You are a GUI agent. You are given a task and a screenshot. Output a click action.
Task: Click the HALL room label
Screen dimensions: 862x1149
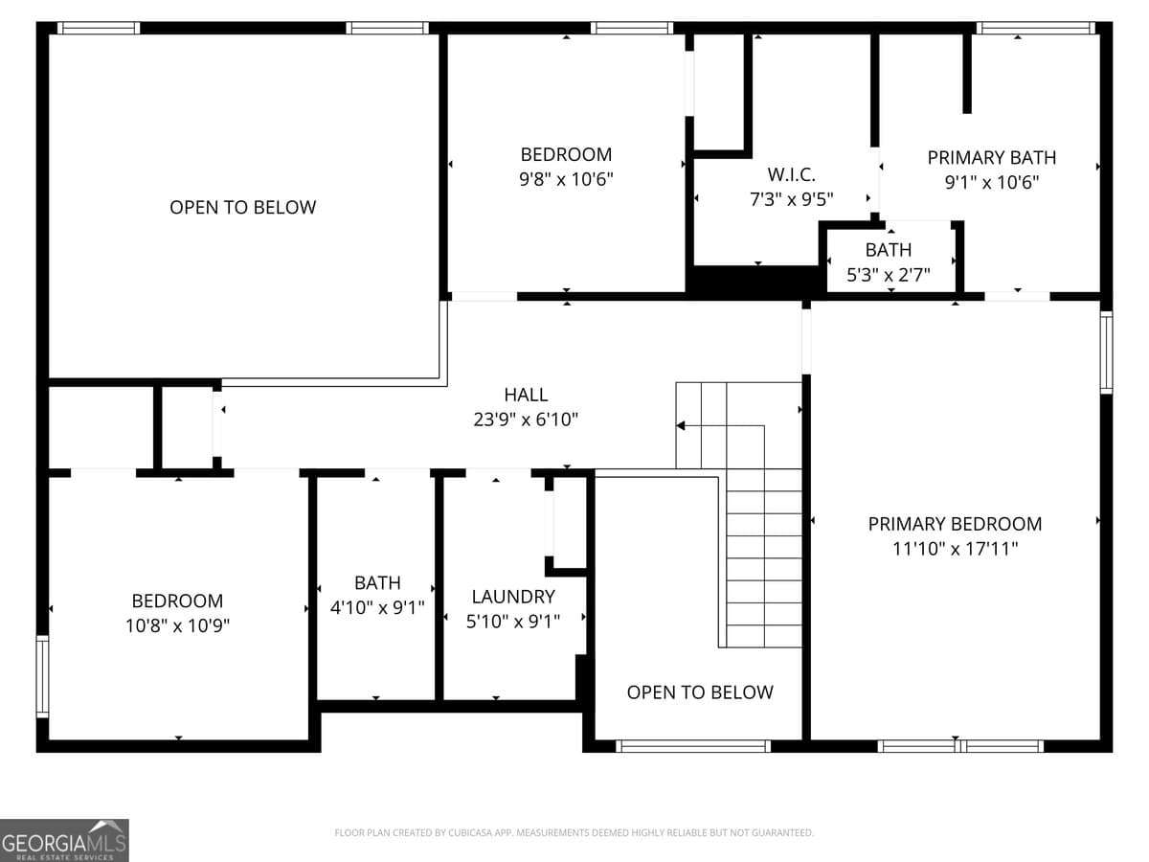pos(526,395)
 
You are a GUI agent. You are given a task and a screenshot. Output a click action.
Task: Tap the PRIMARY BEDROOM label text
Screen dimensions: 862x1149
pos(955,524)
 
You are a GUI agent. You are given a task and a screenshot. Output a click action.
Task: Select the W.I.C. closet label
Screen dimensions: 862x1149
pos(791,175)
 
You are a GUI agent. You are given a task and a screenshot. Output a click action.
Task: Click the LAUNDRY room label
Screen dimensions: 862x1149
pos(512,597)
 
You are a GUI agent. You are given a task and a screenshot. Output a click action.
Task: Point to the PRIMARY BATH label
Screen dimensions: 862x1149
pos(991,158)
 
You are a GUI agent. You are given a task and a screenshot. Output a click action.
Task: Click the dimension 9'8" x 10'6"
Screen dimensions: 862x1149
pos(566,178)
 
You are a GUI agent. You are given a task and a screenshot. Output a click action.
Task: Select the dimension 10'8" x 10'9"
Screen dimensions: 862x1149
pos(177,625)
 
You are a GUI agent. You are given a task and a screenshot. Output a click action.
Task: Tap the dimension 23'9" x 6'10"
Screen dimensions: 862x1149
pos(526,420)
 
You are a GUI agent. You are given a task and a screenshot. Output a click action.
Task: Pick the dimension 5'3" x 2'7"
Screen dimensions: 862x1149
pos(888,274)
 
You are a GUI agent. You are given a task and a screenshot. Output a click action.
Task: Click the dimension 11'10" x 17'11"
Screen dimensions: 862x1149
pos(955,549)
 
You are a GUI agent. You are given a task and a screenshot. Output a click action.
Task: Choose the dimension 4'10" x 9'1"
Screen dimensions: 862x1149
pos(376,607)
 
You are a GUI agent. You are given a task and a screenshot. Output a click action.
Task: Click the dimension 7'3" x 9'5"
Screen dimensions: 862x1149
pos(791,199)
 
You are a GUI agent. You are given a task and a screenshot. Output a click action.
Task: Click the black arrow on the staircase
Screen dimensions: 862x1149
pos(681,425)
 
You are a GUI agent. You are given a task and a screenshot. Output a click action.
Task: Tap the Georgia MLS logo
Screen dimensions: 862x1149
pos(64,840)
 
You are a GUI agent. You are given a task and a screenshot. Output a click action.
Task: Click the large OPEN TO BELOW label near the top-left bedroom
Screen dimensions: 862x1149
pos(242,208)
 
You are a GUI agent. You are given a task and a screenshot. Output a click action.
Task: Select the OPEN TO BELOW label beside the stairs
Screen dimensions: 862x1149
pos(699,692)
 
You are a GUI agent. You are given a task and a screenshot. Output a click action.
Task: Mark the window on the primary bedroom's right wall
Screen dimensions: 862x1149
pos(1106,352)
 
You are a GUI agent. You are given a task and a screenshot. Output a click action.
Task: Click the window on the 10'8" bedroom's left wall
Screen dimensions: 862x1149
pos(42,676)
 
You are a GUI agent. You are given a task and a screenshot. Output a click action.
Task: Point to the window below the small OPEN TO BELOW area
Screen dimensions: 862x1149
pos(693,745)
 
